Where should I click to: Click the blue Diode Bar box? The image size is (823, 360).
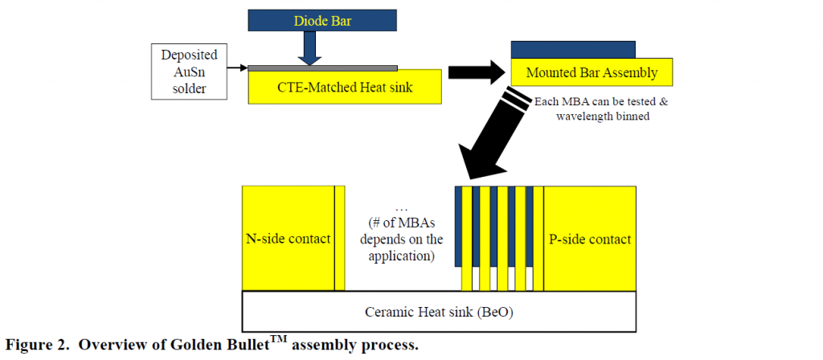click(x=330, y=21)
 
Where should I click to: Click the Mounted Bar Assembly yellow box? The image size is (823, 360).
click(x=592, y=73)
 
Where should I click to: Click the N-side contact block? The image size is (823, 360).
click(x=288, y=239)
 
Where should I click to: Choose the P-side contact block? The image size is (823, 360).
click(x=590, y=239)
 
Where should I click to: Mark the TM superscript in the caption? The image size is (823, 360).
click(x=278, y=340)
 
